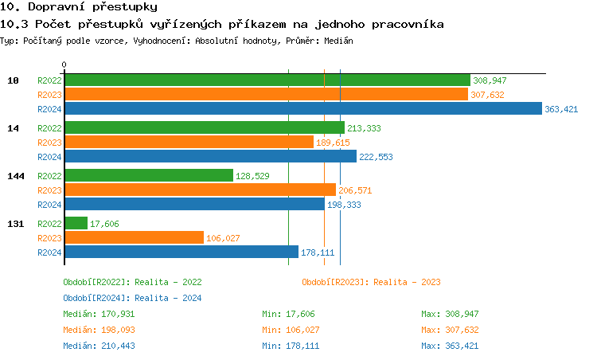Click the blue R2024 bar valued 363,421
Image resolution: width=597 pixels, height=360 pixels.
[x=302, y=109]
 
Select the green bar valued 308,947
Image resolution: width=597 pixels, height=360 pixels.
[x=267, y=80]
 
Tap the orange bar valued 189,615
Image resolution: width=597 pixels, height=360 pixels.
[x=189, y=143]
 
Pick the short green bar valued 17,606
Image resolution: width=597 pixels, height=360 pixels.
[x=76, y=224]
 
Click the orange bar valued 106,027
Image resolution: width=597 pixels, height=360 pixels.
[x=134, y=238]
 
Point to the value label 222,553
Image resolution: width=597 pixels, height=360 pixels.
[x=377, y=157]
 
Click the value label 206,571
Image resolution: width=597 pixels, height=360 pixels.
[x=356, y=190]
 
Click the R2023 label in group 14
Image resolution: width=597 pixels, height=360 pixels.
[x=49, y=143]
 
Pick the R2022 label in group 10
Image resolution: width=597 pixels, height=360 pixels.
[x=49, y=80]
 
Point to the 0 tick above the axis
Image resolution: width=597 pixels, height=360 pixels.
[x=64, y=65]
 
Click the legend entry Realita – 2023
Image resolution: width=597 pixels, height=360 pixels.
[x=372, y=282]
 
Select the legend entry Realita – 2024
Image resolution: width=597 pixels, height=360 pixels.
[x=132, y=298]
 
